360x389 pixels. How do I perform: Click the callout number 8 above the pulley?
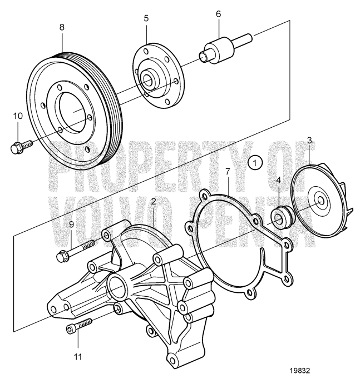(62, 26)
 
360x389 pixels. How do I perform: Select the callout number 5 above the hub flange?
(146, 18)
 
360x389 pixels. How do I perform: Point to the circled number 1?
(254, 163)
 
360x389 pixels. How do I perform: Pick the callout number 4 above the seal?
(279, 181)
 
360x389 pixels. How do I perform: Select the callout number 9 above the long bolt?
(71, 225)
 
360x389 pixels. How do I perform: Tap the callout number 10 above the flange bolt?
(17, 116)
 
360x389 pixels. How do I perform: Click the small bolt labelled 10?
(21, 146)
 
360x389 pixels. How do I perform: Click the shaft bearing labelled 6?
(219, 49)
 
